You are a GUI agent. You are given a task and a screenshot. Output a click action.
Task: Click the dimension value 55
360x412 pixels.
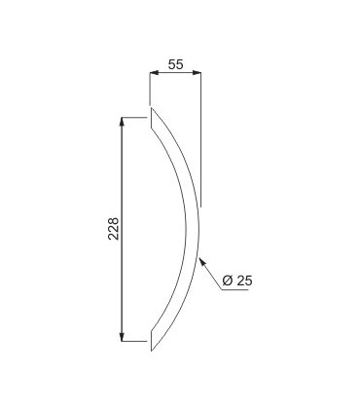[176, 64]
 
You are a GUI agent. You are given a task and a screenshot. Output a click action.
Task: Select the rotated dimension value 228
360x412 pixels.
[114, 228]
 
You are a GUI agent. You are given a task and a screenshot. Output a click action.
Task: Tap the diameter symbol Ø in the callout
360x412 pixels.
[228, 281]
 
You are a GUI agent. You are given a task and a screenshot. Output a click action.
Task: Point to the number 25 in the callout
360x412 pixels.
[244, 281]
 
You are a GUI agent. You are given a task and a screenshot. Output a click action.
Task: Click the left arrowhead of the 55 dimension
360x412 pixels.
[154, 72]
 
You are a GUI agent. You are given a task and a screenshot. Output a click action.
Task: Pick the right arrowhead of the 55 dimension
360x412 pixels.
[197, 72]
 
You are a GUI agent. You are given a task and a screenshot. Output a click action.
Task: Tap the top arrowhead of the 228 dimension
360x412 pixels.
[122, 121]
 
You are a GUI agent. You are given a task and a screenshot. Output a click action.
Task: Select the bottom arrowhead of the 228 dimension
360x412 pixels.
[122, 337]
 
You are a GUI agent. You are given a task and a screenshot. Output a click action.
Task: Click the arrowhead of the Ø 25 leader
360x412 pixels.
[201, 261]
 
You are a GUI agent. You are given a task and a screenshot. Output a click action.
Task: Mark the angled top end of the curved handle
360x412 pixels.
[151, 118]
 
